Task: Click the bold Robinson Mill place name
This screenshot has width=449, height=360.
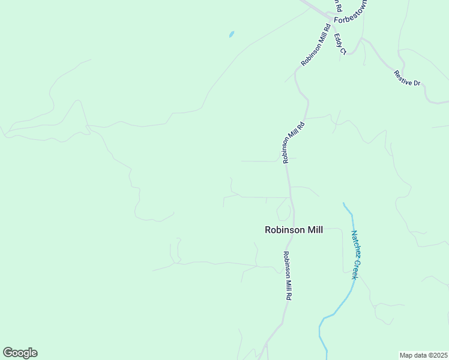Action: click(x=294, y=230)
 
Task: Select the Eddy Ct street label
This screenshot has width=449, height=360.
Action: click(x=340, y=44)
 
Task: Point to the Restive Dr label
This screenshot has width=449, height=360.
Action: click(x=407, y=78)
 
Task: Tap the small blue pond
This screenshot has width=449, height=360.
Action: click(x=231, y=34)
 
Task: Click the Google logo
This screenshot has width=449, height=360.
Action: click(x=20, y=353)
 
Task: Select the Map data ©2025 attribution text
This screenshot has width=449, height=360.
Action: click(x=423, y=355)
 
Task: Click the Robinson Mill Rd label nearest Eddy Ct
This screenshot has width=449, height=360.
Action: click(x=316, y=45)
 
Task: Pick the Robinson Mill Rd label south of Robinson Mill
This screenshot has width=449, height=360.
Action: click(x=288, y=275)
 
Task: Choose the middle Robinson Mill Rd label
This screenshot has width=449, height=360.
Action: click(x=294, y=142)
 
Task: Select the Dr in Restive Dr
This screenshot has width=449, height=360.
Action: click(x=416, y=82)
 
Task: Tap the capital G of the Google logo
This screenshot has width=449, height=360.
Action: click(x=8, y=353)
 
